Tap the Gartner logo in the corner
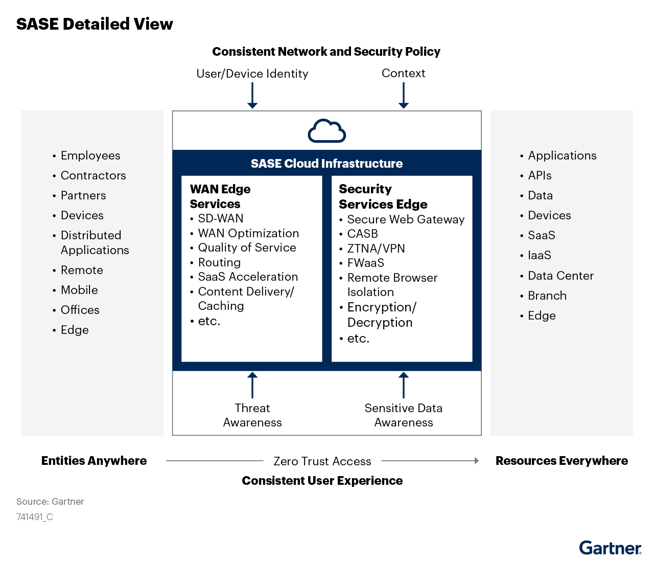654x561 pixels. [x=610, y=548]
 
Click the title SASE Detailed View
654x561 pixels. [x=95, y=24]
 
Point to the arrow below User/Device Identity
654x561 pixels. [x=252, y=95]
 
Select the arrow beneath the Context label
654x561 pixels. [x=404, y=95]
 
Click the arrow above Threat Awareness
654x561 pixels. [x=252, y=385]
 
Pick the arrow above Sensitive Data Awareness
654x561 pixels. [x=404, y=385]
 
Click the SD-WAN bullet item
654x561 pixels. [x=221, y=218]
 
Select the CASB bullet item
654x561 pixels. [x=363, y=234]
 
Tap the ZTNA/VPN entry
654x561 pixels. [x=376, y=249]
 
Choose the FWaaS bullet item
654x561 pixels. [x=366, y=263]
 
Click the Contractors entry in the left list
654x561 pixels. [x=94, y=175]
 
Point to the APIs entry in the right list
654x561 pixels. [x=540, y=175]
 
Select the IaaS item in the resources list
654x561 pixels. [x=540, y=255]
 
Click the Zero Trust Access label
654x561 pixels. [x=322, y=461]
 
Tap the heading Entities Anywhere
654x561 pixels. [x=94, y=461]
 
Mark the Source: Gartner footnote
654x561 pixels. [x=50, y=502]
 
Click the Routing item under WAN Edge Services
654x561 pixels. [x=219, y=262]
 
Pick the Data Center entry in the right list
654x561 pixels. [x=560, y=276]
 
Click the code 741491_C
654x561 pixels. [x=35, y=517]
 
